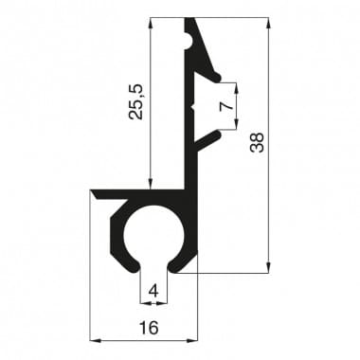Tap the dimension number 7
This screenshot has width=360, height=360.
(x=225, y=106)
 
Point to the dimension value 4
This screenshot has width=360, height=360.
(x=153, y=292)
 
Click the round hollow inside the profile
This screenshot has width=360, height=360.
(x=153, y=234)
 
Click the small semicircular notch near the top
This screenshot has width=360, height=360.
(x=194, y=39)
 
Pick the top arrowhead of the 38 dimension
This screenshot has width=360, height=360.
(x=270, y=22)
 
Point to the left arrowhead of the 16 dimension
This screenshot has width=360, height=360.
(x=94, y=339)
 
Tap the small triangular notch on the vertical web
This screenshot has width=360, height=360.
(x=193, y=109)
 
